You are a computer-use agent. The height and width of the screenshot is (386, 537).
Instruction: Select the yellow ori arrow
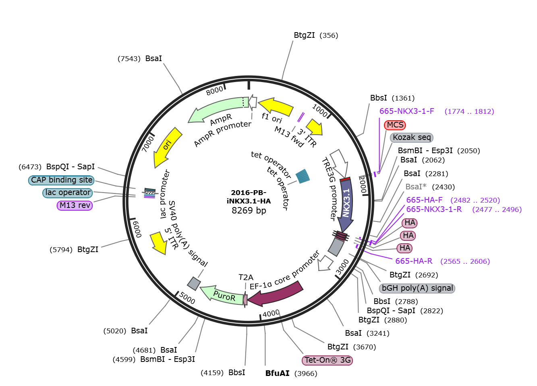(x=167, y=146)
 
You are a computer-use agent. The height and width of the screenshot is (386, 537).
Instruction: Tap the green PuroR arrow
(x=222, y=295)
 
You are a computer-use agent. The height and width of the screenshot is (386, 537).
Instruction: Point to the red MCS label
(x=395, y=125)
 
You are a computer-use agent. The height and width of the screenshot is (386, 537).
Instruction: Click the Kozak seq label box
(x=412, y=138)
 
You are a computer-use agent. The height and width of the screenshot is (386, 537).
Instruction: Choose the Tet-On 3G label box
(x=327, y=360)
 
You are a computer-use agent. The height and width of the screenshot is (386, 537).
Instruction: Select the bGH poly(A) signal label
(x=417, y=288)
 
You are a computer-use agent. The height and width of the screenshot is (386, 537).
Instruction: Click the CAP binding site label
(x=61, y=180)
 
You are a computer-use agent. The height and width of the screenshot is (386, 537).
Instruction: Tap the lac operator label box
(x=68, y=193)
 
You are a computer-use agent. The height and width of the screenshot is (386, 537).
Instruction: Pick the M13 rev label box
(x=75, y=205)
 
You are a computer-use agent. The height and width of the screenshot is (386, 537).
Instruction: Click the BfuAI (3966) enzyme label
(x=291, y=373)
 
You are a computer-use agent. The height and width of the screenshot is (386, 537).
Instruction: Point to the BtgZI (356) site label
(x=316, y=35)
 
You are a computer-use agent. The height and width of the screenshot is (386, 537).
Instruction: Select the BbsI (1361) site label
(x=392, y=98)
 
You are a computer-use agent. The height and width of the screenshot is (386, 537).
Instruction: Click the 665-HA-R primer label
(x=443, y=261)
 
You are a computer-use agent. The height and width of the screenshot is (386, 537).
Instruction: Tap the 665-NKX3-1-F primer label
(x=437, y=111)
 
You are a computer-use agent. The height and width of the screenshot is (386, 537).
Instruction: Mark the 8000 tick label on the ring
(x=214, y=91)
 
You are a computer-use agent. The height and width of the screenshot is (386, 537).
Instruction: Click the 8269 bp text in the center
(x=249, y=210)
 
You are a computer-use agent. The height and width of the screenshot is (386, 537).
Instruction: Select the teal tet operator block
(x=303, y=176)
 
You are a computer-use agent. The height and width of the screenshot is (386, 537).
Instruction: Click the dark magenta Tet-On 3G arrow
(x=276, y=294)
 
